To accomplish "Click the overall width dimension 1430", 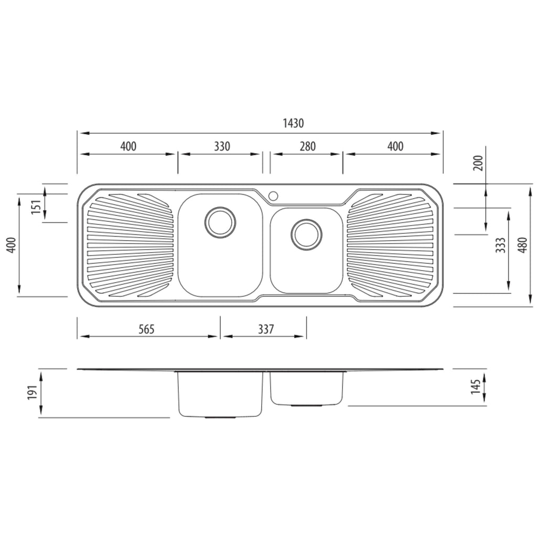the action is coord(293,123).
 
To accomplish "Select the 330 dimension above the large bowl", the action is coord(222,146).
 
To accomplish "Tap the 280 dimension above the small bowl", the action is coord(307,146).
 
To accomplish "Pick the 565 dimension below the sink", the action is coord(146,329).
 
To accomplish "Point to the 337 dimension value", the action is coord(266,329).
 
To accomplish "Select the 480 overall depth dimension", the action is coord(523,245).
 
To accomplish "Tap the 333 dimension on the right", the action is coord(501,245).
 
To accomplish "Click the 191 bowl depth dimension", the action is coord(32,392).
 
